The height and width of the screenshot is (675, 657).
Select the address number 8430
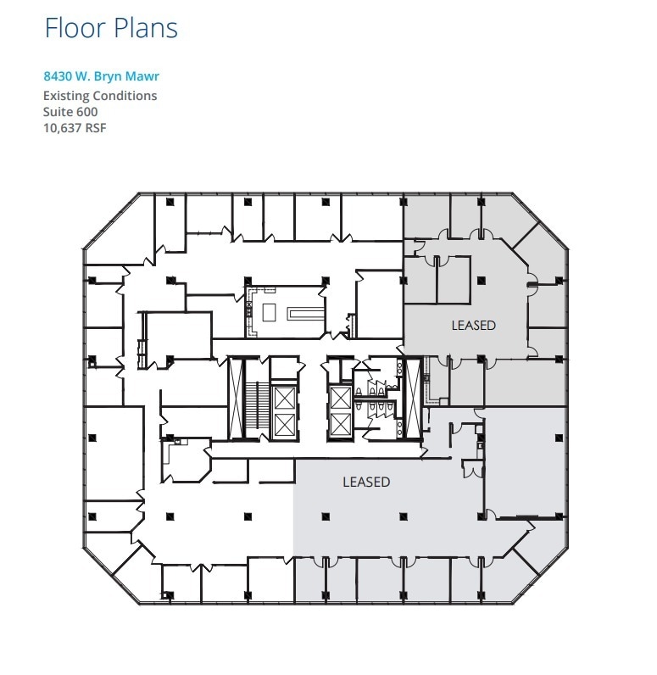(58, 76)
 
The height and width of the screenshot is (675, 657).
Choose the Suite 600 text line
(70, 112)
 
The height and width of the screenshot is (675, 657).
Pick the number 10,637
(63, 128)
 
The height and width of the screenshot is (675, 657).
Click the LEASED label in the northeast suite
(473, 326)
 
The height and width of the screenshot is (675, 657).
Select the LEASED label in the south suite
(366, 483)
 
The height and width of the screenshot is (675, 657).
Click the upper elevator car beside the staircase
(284, 398)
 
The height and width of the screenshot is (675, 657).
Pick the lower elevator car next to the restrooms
(340, 425)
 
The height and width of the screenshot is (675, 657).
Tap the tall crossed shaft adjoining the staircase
(237, 398)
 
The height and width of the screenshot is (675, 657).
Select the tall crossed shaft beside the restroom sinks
(414, 398)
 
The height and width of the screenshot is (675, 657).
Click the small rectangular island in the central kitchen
(269, 312)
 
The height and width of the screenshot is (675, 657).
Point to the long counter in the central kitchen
(306, 313)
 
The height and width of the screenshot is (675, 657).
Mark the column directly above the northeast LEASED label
(481, 280)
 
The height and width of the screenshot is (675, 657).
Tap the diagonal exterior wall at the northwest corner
(111, 221)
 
